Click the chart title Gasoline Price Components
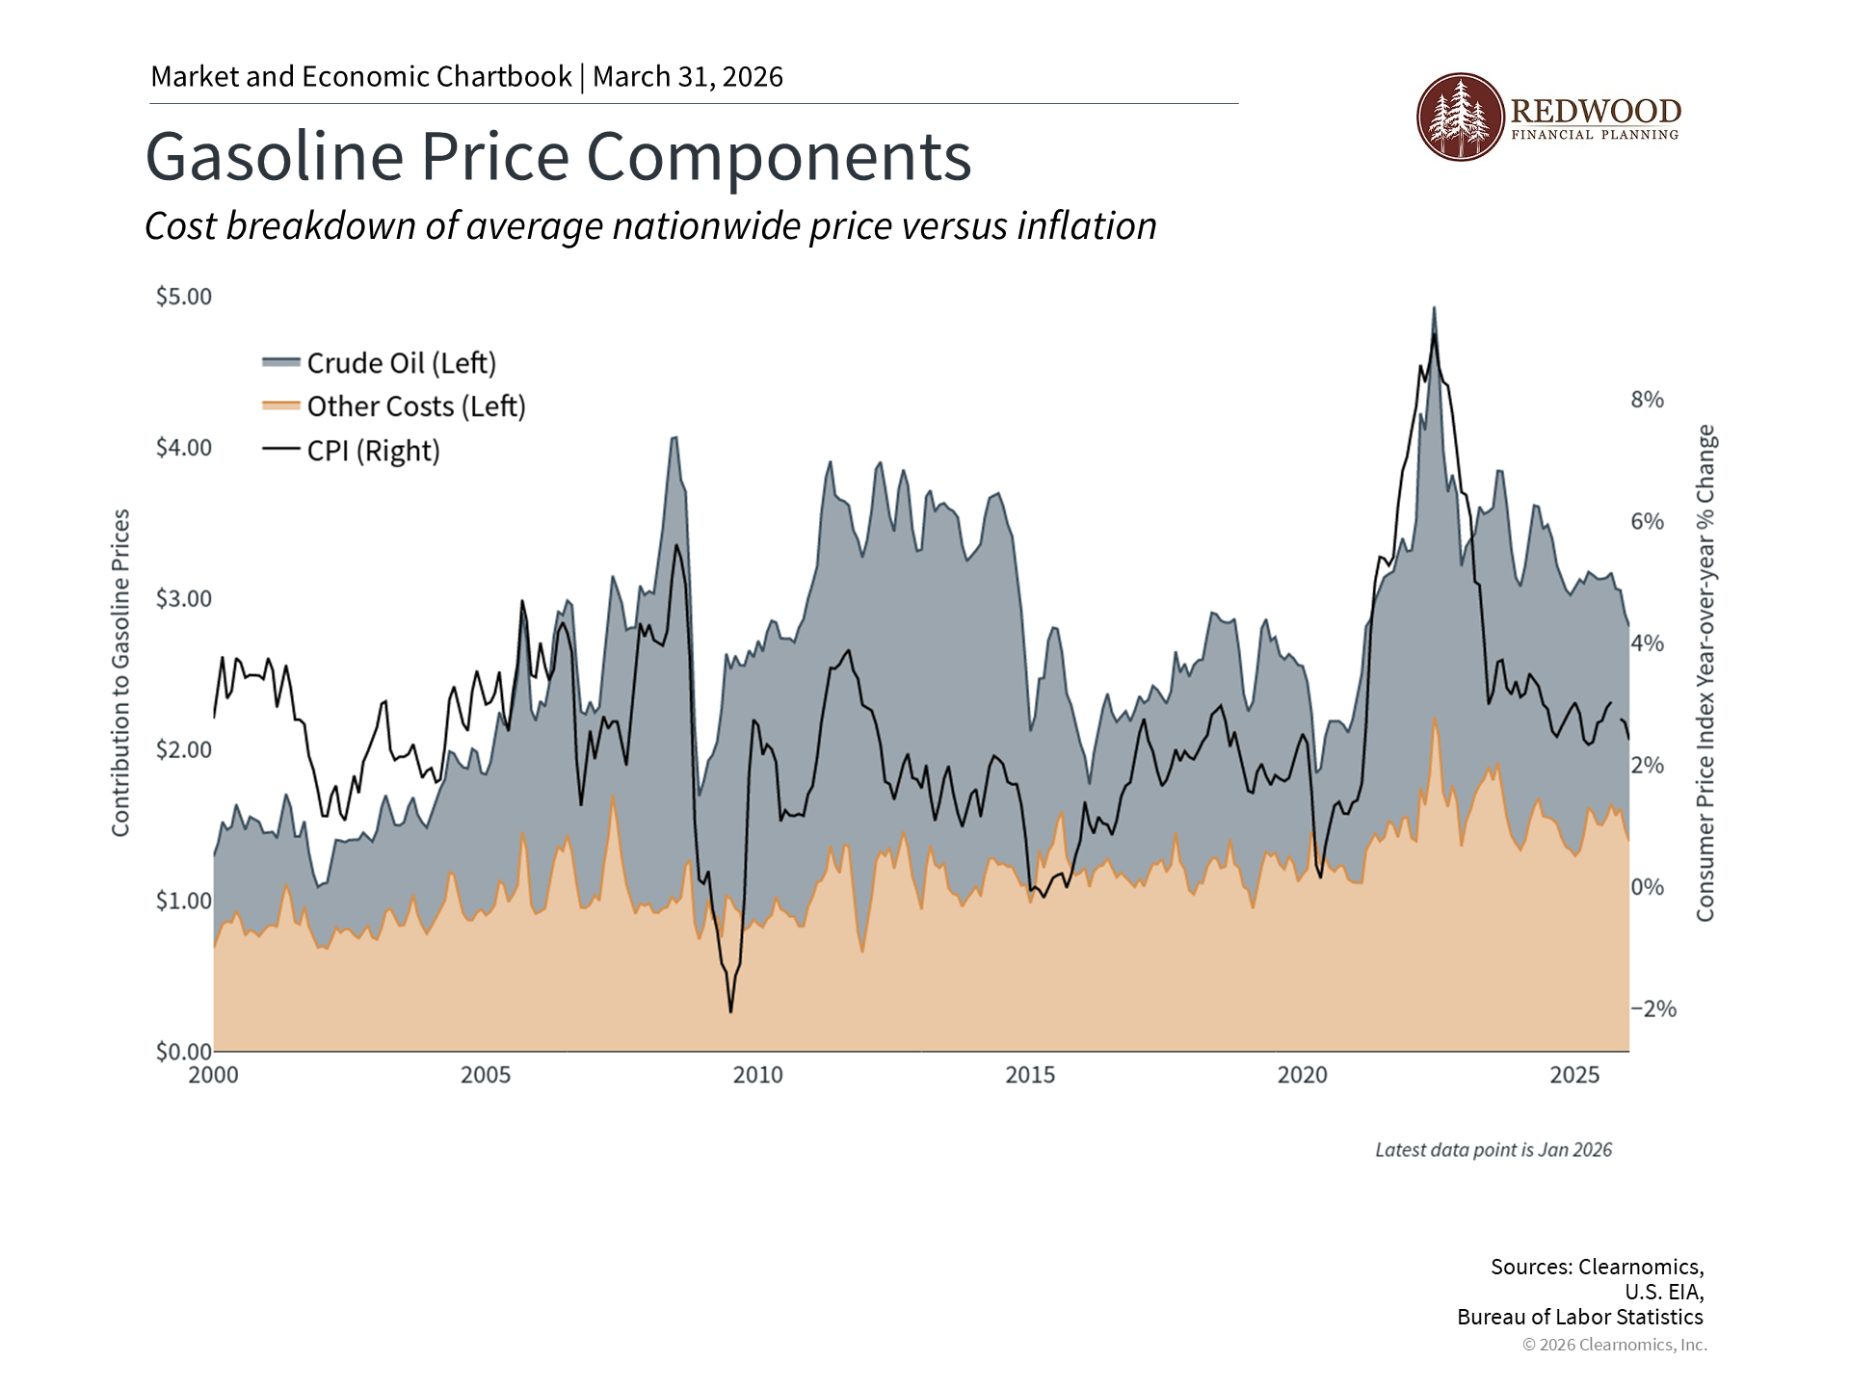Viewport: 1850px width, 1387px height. (558, 156)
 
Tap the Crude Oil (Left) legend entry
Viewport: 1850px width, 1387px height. (380, 363)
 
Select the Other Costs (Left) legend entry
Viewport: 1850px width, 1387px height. (394, 406)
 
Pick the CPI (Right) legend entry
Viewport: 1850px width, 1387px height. (352, 451)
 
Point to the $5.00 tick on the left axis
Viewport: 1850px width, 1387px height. (183, 297)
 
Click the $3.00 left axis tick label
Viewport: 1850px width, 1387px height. (183, 599)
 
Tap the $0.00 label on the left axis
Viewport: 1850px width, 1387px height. (183, 1052)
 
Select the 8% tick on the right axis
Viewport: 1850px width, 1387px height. (1647, 400)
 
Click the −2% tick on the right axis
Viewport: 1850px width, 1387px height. (1652, 1009)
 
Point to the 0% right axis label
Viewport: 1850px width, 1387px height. (1647, 887)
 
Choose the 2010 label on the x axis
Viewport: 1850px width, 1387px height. (757, 1075)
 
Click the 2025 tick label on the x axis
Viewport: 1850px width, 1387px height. (1574, 1075)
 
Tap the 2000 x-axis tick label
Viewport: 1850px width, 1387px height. (213, 1075)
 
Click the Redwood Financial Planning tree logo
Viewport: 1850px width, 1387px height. (1460, 117)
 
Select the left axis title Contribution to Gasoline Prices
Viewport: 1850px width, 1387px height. (120, 673)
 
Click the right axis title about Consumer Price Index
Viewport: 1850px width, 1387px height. (1705, 673)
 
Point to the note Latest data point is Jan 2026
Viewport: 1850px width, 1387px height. (1493, 1150)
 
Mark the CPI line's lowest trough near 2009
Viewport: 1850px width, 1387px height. (730, 1011)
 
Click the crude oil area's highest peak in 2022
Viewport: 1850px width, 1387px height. (1434, 308)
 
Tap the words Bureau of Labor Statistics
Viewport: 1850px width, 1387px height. (1579, 1317)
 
